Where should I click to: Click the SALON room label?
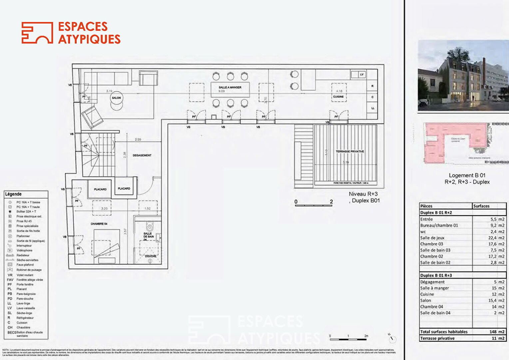point(116,98)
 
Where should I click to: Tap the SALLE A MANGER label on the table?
point(230,87)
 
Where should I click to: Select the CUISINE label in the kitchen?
point(338,97)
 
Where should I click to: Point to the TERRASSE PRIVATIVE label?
point(350,151)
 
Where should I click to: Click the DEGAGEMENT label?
point(142,155)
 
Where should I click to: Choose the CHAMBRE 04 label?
point(99,224)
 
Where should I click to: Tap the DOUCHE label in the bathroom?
point(151,256)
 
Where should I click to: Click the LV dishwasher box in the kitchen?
point(362,74)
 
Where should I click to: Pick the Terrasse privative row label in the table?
point(437,338)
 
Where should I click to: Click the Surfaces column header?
point(481,206)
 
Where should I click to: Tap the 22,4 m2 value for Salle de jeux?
point(496,238)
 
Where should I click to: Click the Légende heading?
point(13,194)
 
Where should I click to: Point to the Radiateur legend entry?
point(23,255)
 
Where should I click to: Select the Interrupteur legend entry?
point(24,246)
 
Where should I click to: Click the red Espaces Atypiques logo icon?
point(37,33)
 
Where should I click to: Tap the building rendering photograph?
point(463,76)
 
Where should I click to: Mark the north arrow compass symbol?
point(392,338)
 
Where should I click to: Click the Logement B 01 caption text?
point(467,175)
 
